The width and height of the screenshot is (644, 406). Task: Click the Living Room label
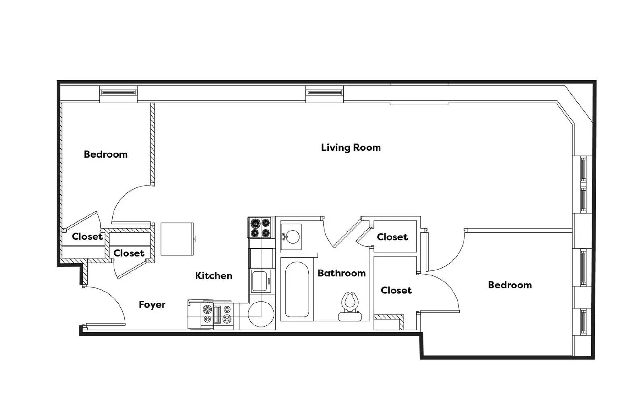pos(351,148)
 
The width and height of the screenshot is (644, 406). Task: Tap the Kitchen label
pos(214,275)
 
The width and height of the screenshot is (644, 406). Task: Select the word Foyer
pos(152,305)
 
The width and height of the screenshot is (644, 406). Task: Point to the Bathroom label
pos(342,273)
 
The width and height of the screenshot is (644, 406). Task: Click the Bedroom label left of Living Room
pos(105,154)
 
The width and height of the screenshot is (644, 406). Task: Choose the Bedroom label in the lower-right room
pos(510,285)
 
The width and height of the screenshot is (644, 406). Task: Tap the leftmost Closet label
pos(87,236)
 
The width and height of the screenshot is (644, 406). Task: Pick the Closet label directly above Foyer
pos(129,253)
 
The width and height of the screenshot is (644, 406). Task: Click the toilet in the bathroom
pos(350,306)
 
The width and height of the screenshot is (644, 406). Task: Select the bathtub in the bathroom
pos(297,289)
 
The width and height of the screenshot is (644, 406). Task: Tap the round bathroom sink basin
pos(293,237)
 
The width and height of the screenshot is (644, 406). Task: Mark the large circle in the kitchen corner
pos(261,314)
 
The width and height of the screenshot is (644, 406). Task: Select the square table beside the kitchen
pos(177,239)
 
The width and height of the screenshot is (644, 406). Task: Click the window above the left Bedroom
pos(118,93)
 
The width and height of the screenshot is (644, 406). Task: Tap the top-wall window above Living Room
pos(324,93)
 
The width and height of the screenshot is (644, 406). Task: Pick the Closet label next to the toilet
pos(396,290)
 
